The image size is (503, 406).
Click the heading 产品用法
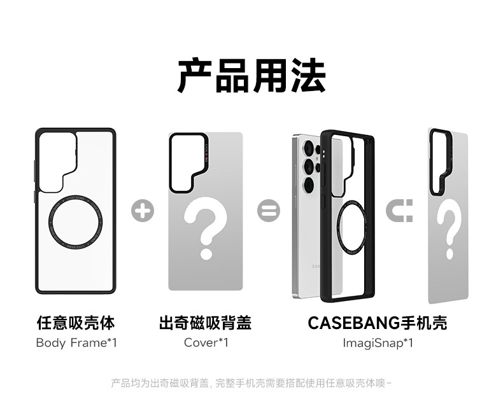pos(251,76)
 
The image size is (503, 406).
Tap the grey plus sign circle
pos(142,210)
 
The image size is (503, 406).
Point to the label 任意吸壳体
pos(76,323)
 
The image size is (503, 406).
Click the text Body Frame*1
pos(76,343)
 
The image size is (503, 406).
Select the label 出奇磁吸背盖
pos(205,323)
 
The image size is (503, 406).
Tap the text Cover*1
pos(205,343)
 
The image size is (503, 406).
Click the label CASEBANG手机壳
pos(378,323)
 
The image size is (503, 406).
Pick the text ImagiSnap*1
pos(378,343)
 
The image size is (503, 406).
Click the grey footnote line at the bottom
pos(251,383)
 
